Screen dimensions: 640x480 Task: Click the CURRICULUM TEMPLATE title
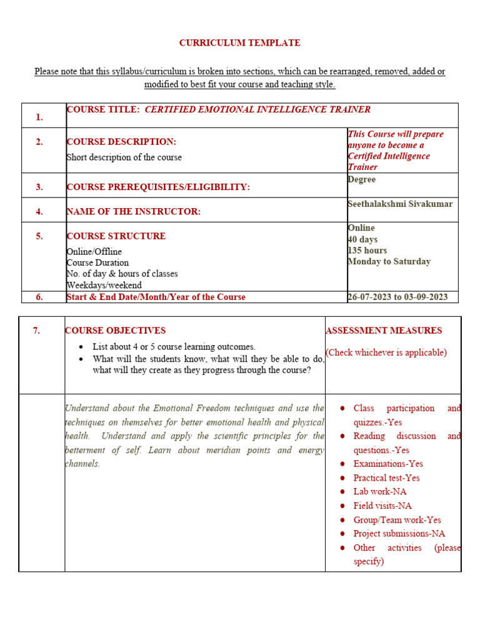[239, 43]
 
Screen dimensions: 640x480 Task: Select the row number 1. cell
[39, 117]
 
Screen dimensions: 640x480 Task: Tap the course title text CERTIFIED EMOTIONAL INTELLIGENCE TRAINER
[257, 109]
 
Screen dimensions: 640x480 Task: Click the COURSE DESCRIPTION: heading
[121, 142]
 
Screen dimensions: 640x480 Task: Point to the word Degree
[362, 179]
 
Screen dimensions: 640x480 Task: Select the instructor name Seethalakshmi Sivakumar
[400, 204]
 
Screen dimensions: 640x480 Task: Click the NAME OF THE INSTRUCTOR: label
[133, 212]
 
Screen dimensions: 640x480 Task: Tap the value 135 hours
[367, 250]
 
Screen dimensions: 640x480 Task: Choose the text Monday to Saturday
[389, 261]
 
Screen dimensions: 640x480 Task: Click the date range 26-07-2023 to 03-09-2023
[397, 297]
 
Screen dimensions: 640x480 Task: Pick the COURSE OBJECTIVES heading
[116, 331]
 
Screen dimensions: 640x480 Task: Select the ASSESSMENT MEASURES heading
[384, 331]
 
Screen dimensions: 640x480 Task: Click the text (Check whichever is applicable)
[386, 352]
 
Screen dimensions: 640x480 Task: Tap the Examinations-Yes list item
[388, 464]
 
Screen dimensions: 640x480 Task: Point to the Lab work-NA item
[380, 492]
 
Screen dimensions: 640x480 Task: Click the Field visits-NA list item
[382, 506]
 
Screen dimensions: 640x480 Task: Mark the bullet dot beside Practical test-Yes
[342, 478]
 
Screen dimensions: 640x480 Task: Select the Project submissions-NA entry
[399, 534]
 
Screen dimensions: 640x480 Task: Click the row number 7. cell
[36, 331]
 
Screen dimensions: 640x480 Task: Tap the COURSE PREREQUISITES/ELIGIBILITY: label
[158, 187]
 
